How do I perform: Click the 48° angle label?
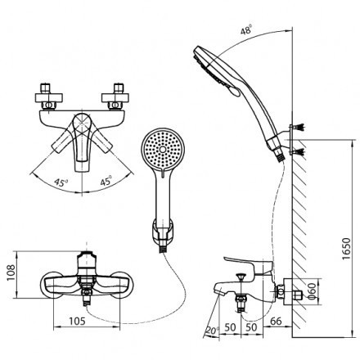(246, 29)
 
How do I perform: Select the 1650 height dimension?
(346, 249)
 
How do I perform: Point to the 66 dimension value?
(276, 322)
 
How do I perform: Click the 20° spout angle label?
(213, 331)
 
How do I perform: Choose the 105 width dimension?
(77, 322)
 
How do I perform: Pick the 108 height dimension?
(11, 274)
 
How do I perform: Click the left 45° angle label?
(61, 182)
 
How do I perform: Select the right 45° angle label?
(106, 181)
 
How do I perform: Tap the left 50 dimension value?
(230, 327)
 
